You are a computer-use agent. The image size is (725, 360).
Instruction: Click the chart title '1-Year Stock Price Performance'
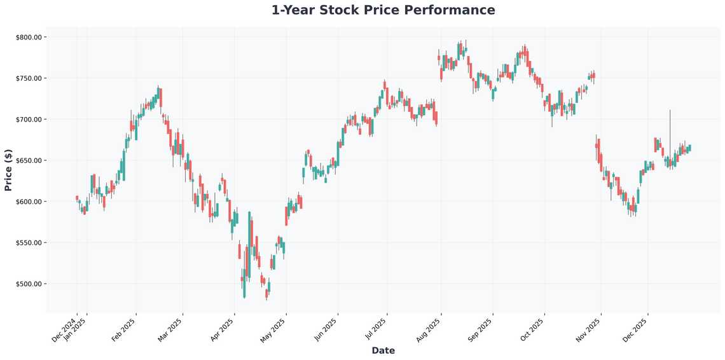click(383, 10)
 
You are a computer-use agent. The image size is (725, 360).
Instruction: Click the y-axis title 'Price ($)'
click(8, 170)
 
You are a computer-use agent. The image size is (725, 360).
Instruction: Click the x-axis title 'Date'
click(383, 350)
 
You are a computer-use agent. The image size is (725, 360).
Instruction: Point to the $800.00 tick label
click(28, 37)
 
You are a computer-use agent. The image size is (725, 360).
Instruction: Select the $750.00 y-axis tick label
click(28, 78)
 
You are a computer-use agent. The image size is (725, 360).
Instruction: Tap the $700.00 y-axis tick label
click(28, 120)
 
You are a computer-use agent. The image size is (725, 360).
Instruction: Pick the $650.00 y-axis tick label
click(28, 160)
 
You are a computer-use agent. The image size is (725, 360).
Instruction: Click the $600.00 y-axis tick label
click(28, 202)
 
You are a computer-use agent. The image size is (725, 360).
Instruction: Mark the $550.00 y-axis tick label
click(28, 243)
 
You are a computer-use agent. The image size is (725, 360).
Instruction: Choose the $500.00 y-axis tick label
click(28, 284)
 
